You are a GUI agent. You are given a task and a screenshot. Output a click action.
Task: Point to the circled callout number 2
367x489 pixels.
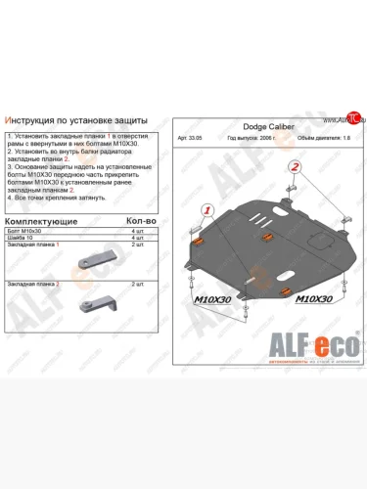click(292, 167)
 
